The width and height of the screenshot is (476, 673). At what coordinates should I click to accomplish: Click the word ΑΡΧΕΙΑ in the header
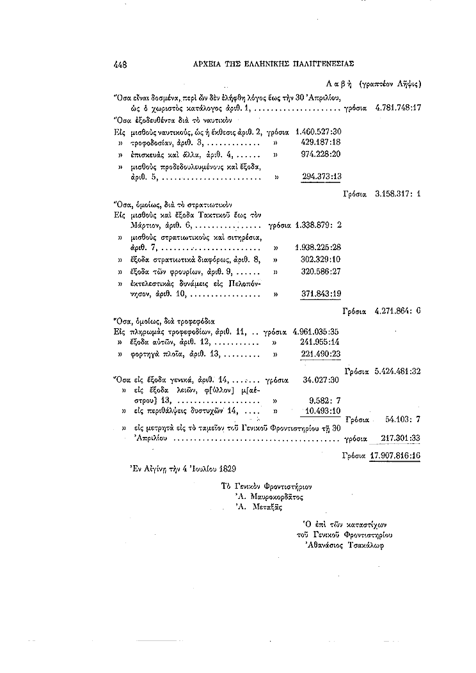coord(212,63)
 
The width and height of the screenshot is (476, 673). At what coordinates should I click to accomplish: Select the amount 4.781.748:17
coord(397,108)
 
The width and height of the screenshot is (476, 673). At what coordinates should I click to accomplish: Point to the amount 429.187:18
coord(321,142)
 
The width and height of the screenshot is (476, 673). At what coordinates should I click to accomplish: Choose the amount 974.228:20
coord(321,154)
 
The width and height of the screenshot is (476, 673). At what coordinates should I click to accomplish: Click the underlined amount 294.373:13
coord(321,176)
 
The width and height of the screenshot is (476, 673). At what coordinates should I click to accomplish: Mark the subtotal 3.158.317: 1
coord(397,193)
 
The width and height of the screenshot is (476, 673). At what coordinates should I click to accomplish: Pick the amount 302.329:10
coord(321,260)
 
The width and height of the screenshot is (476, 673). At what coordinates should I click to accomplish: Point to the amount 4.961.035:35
coord(315,333)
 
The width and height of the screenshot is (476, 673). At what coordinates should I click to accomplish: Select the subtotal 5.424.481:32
coord(397,371)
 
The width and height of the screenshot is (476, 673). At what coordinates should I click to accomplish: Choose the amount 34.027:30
coord(323,379)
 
